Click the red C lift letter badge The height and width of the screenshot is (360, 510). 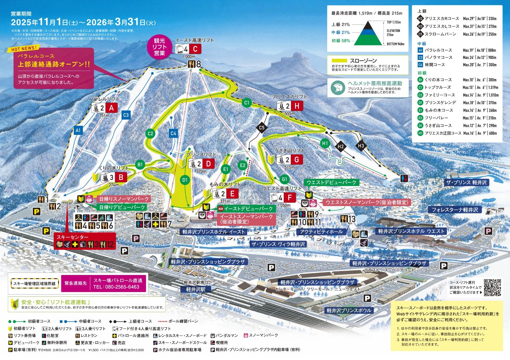195,49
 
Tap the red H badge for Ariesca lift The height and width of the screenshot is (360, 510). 297,106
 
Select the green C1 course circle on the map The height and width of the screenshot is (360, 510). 247,103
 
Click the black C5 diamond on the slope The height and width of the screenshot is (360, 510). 262,128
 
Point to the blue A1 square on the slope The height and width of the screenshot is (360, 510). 78,130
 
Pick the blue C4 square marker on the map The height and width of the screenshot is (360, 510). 173,133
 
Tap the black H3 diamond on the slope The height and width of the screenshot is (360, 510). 361,146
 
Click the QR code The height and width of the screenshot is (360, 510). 492,287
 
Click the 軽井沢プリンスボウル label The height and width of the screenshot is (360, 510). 349,310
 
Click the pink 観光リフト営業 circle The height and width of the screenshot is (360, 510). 159,47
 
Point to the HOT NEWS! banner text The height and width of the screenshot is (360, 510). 24,49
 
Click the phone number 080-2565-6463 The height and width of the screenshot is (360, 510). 116,287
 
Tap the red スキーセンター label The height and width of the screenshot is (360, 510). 72,237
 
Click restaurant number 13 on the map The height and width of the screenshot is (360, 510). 348,219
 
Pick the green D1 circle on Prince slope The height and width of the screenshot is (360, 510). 185,180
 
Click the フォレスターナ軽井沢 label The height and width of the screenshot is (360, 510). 454,210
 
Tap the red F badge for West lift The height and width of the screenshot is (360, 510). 290,197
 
